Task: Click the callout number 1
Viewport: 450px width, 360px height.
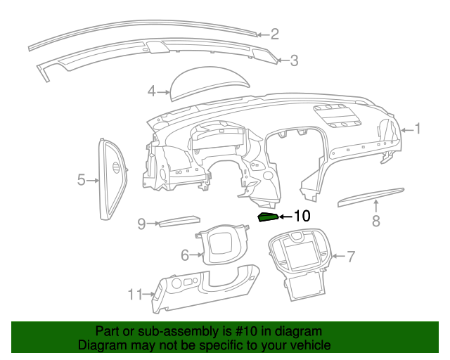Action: point(417,129)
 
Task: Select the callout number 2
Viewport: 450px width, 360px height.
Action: point(275,33)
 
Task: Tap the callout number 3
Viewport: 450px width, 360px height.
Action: point(294,61)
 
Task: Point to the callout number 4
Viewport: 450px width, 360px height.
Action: point(151,91)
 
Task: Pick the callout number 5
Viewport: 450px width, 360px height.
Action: point(81,181)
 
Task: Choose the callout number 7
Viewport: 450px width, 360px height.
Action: point(351,256)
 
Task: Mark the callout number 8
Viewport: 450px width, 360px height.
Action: point(376,221)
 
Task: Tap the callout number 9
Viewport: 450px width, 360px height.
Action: point(141,224)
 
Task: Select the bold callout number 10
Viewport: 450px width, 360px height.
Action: point(302,217)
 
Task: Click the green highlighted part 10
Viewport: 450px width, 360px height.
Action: point(268,217)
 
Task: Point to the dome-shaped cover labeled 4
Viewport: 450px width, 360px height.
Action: point(211,80)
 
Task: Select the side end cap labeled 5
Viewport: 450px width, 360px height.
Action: point(111,180)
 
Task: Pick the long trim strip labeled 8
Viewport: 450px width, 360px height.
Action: point(371,197)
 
